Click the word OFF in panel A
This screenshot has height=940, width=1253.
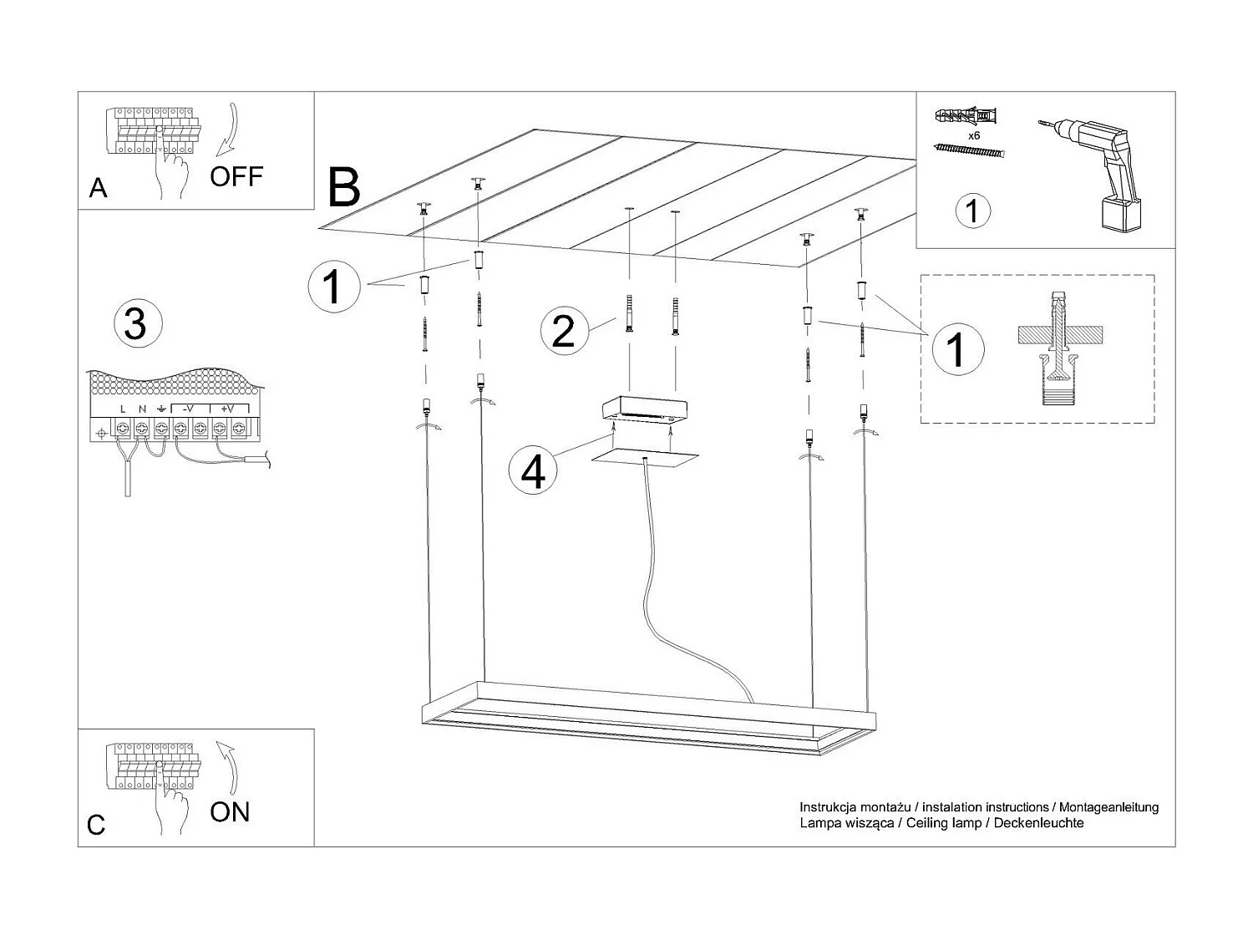[236, 176]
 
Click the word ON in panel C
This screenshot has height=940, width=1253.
[230, 811]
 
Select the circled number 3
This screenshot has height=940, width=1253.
[135, 323]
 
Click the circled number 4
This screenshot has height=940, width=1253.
[533, 471]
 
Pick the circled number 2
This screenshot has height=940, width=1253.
[564, 330]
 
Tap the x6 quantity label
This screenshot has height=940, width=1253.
[973, 135]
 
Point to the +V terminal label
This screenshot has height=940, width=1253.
[227, 409]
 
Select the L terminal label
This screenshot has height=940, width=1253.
[123, 409]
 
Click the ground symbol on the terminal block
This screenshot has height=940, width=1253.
[161, 409]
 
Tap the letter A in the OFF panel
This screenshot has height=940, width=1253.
[98, 189]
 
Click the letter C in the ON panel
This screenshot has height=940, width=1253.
[96, 826]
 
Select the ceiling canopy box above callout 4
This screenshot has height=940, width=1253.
[645, 409]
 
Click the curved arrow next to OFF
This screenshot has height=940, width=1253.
[227, 130]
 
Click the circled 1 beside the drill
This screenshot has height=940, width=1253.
[971, 210]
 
